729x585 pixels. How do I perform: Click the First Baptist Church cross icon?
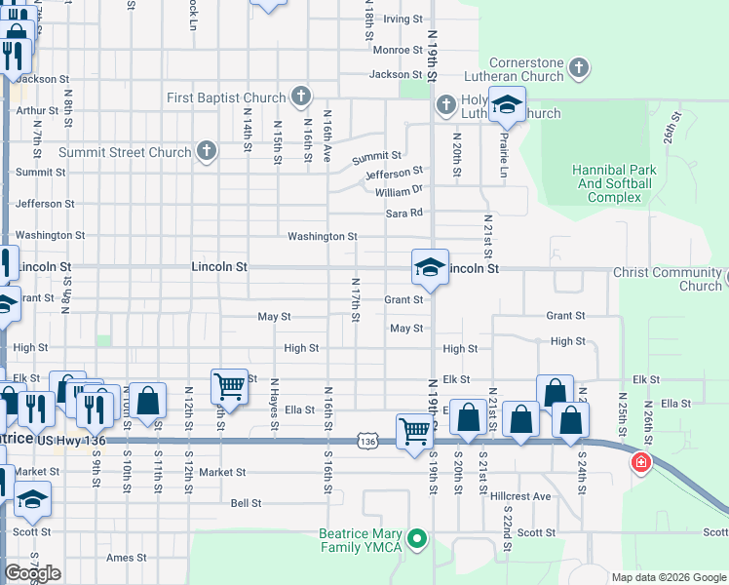pos(301,97)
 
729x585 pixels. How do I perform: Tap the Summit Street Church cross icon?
pos(206,151)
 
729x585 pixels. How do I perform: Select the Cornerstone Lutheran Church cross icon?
pos(579,68)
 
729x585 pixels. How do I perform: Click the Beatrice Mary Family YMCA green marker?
pos(418,538)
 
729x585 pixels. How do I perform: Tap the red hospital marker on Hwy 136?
pos(641,462)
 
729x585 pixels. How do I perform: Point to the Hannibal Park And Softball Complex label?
pos(613,183)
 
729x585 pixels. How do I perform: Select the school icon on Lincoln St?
pos(429,267)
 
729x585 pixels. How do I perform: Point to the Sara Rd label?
pos(404,213)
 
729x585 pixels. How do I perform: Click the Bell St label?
pos(246,503)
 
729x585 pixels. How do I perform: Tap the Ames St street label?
pos(126,558)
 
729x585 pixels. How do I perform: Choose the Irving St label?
pos(402,19)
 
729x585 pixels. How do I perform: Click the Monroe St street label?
pos(397,50)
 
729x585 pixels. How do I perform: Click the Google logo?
pos(32,573)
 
